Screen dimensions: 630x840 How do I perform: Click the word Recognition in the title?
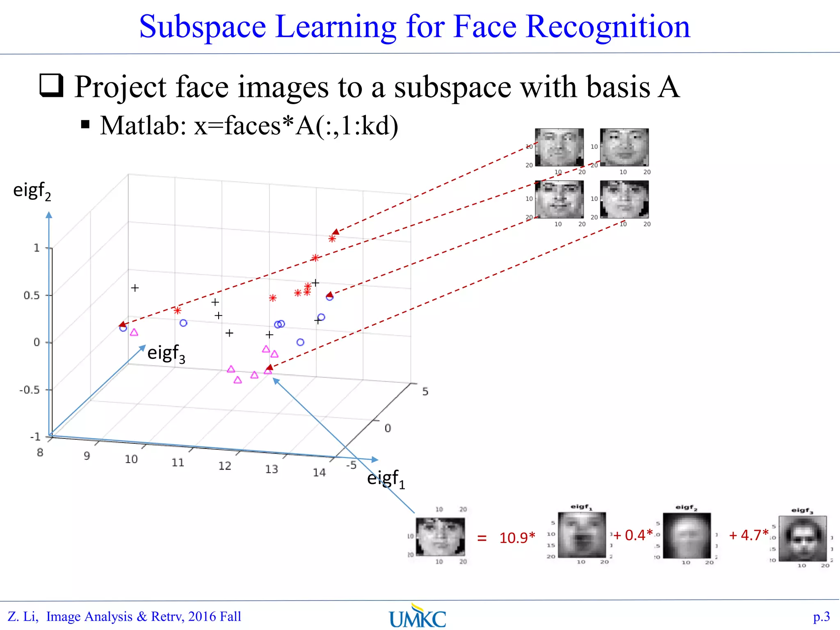[x=608, y=27]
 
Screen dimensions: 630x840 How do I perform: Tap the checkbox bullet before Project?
[x=52, y=85]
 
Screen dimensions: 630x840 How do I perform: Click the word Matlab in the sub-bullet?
[x=143, y=126]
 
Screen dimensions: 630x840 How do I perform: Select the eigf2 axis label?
[x=32, y=191]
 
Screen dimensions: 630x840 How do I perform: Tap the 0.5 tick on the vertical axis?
[x=32, y=295]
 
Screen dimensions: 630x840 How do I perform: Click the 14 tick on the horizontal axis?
[x=319, y=472]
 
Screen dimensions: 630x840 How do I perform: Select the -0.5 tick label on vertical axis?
[x=30, y=390]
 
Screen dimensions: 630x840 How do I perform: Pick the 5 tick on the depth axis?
[x=425, y=392]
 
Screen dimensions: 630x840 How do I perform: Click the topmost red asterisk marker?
[x=332, y=238]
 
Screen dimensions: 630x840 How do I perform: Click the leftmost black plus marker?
[x=135, y=288]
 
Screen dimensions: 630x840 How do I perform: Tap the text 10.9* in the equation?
[x=517, y=538]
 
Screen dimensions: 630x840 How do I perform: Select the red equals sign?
[x=482, y=538]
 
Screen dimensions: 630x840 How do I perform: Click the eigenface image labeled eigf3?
[x=802, y=539]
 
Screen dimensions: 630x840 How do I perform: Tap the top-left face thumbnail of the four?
[x=559, y=147]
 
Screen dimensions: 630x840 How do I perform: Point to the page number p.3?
[x=821, y=616]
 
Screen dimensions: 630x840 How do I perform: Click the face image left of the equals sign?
[x=440, y=536]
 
